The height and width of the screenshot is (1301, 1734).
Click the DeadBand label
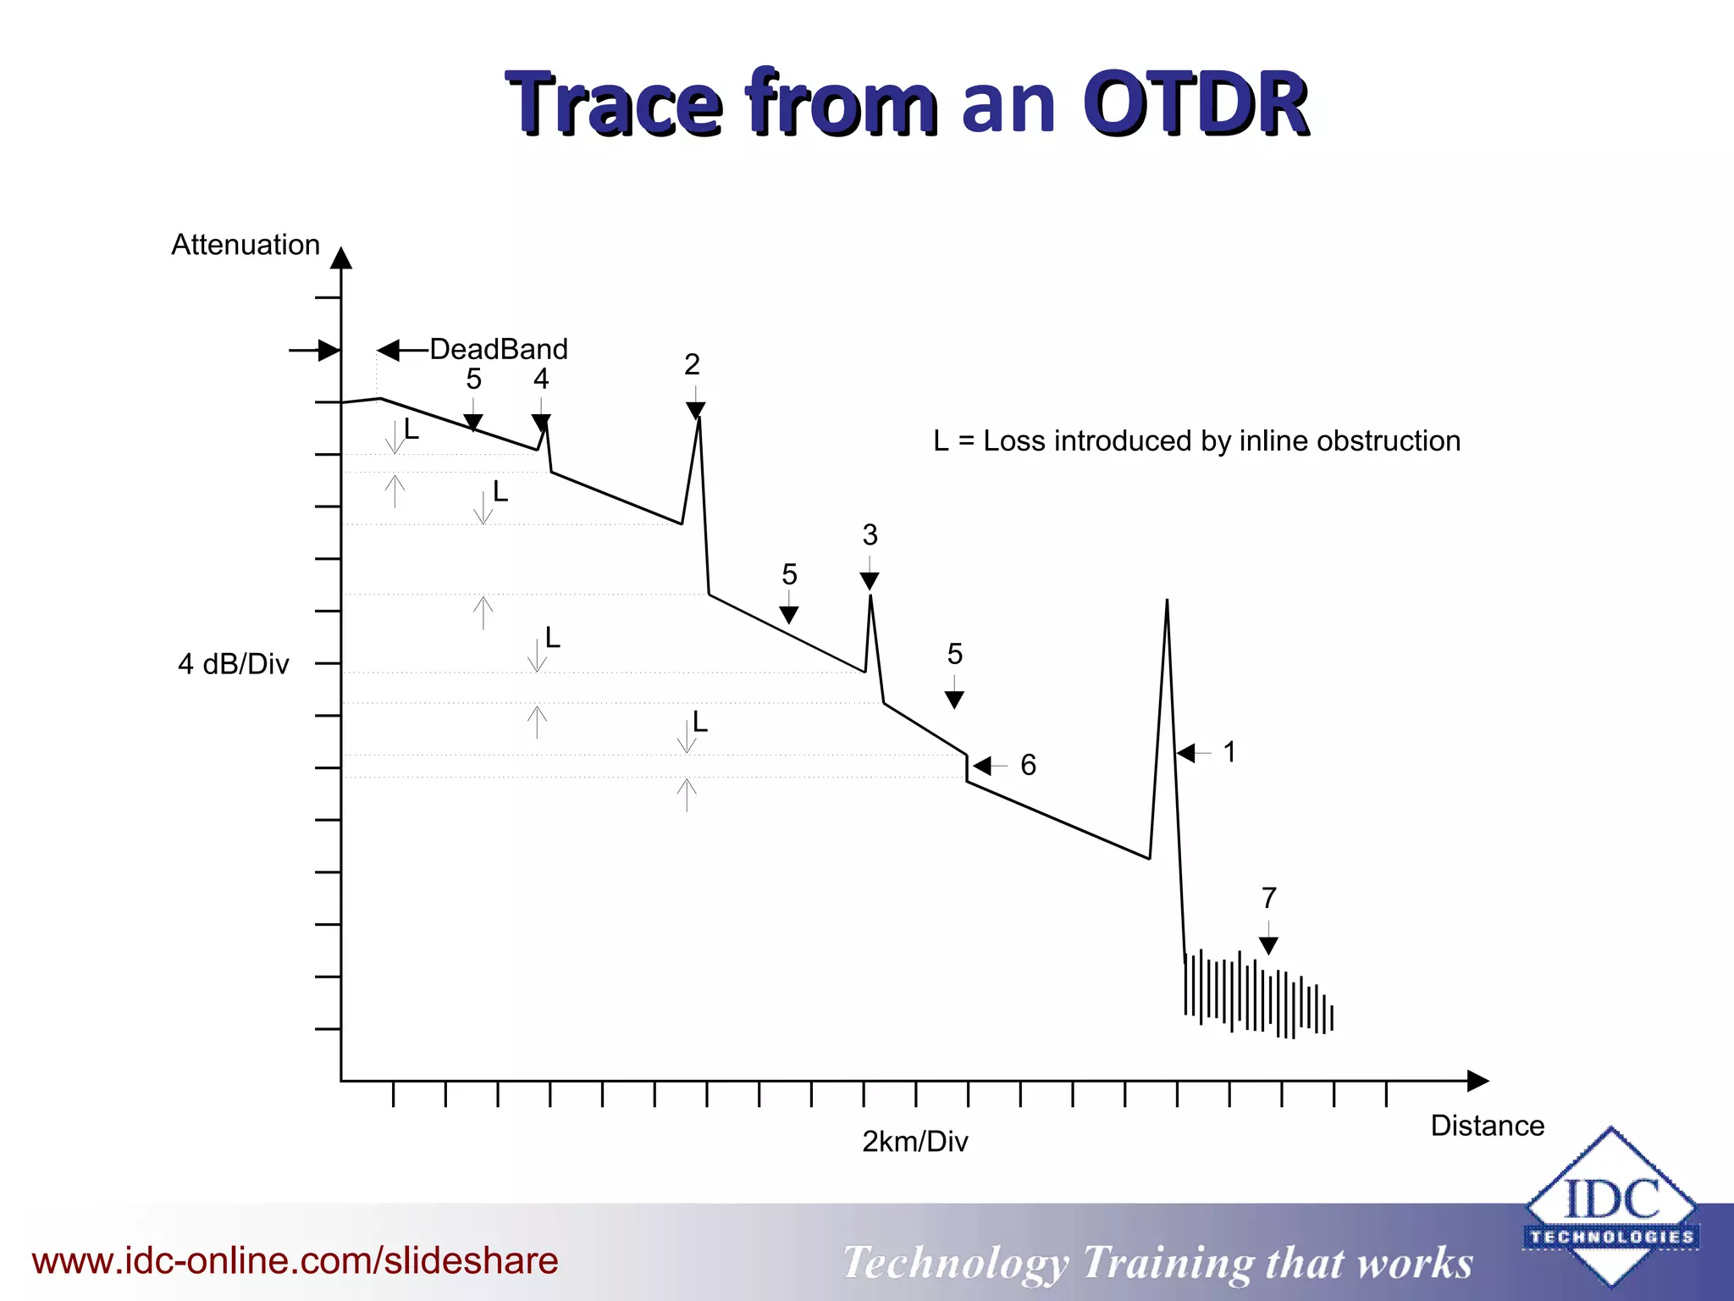pos(499,349)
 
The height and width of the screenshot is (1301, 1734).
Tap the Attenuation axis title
pos(246,245)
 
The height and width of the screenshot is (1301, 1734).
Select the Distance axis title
pos(1487,1126)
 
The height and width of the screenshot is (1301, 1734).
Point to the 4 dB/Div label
pos(234,664)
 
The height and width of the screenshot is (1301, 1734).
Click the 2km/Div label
pos(914,1142)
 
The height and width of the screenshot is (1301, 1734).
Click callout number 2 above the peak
pos(692,365)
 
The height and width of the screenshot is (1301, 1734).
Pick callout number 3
pos(870,535)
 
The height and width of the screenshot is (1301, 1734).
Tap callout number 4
pos(541,379)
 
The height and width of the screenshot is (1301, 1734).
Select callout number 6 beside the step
pos(1028,766)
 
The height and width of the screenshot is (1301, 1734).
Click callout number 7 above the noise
pos(1268,898)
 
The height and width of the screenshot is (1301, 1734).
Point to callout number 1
pos(1229,752)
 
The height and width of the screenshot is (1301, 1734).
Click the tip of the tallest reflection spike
pos(1167,601)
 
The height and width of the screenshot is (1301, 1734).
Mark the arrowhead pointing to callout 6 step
pos(982,766)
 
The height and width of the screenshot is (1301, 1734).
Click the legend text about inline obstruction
pos(1196,441)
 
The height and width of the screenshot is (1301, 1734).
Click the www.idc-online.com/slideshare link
pos(295,1260)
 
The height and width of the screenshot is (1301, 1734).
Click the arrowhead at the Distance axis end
pos(1477,1081)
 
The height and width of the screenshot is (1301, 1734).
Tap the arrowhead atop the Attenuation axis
pos(341,258)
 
